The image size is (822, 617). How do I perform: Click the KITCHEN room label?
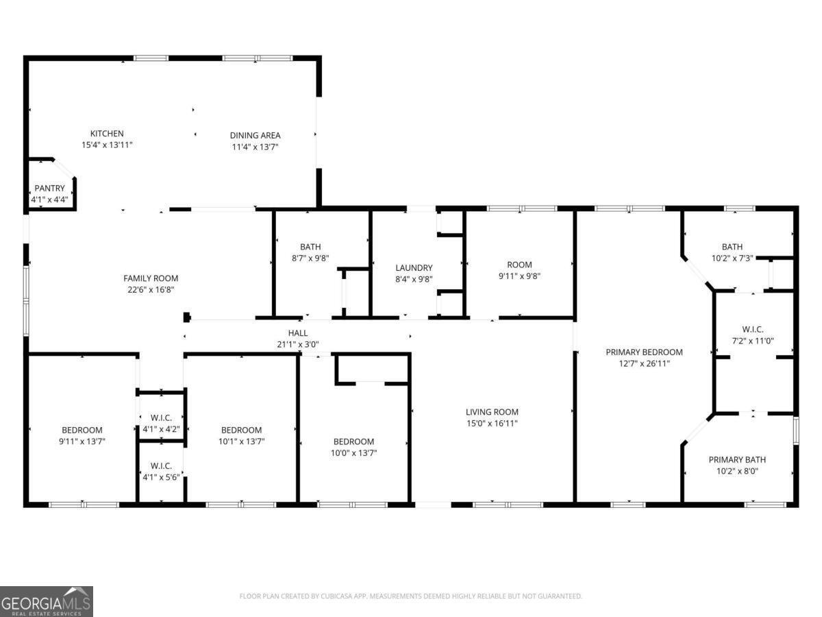(107, 134)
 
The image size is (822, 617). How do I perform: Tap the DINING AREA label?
(255, 136)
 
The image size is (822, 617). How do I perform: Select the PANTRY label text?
(49, 188)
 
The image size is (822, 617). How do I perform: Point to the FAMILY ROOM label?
(151, 278)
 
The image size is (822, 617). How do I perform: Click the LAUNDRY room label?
(414, 268)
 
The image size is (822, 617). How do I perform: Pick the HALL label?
(298, 333)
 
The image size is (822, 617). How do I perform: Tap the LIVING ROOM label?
(492, 412)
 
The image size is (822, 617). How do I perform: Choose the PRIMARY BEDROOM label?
(644, 352)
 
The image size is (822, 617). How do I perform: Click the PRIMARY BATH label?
(737, 459)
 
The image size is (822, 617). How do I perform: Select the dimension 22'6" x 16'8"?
(151, 289)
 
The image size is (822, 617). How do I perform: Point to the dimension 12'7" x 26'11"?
(644, 363)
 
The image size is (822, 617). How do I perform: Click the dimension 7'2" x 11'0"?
(753, 341)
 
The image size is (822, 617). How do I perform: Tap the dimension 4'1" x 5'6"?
(161, 477)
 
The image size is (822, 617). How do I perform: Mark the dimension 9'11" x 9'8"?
(519, 276)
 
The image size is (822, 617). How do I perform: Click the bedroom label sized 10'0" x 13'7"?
(353, 441)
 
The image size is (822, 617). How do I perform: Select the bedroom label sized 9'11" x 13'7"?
(82, 430)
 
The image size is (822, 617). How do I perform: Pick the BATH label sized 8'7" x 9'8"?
(310, 247)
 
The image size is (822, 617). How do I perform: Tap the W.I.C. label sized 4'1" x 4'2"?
(161, 418)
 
